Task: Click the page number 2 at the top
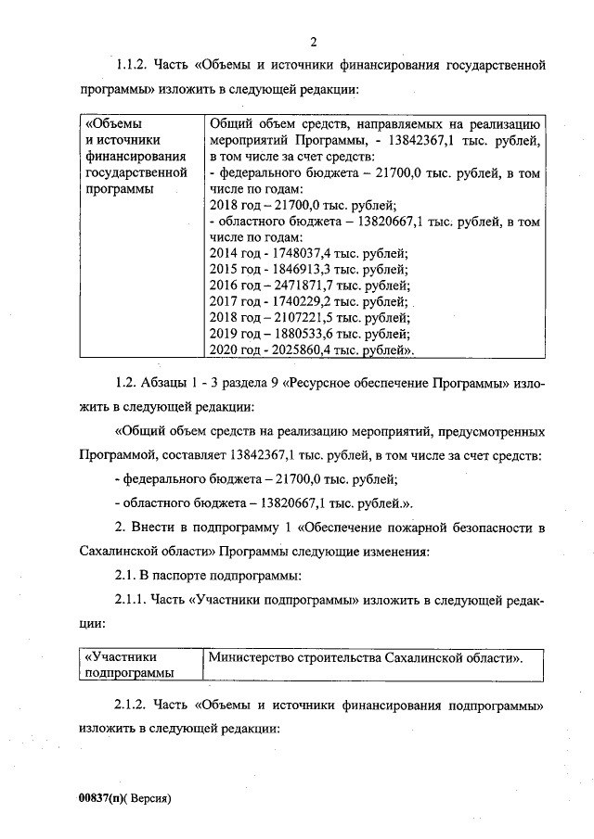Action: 314,41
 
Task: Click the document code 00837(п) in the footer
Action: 100,796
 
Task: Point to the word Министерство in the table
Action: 254,657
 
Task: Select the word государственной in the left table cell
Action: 136,172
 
